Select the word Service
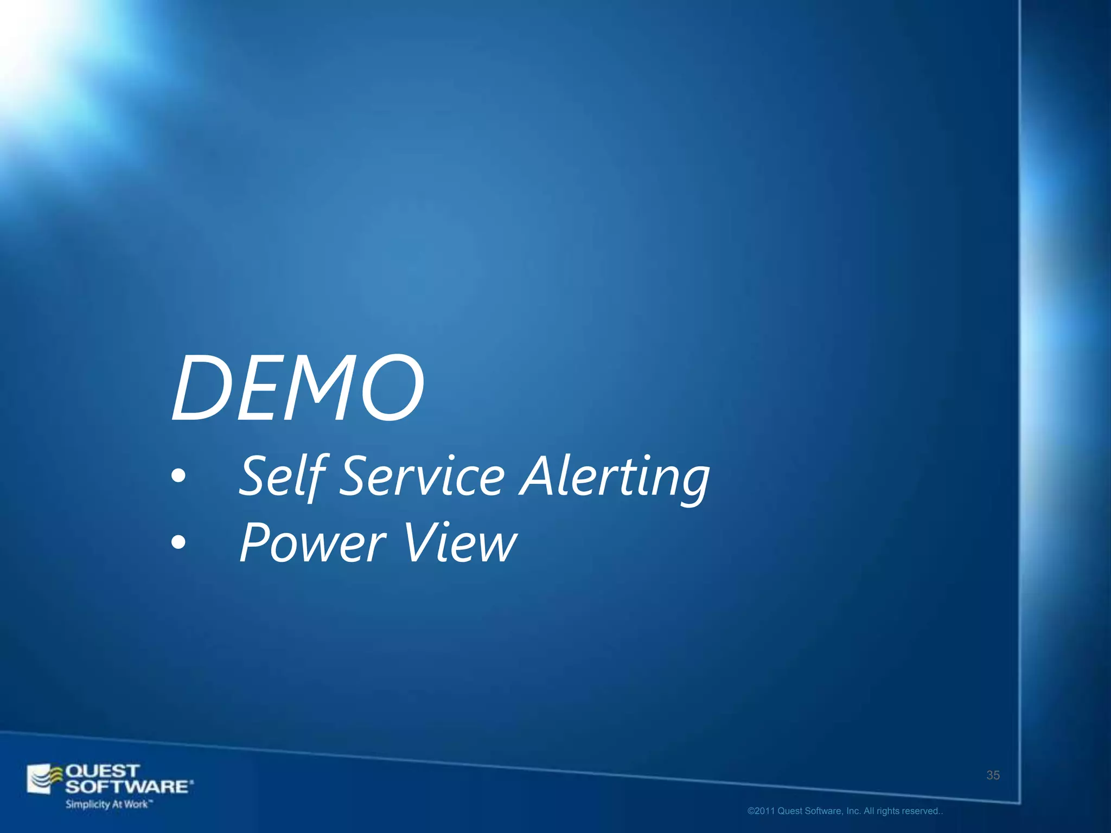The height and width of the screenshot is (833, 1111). [423, 476]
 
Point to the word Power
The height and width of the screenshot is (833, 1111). [312, 542]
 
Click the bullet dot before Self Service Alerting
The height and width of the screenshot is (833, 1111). [178, 476]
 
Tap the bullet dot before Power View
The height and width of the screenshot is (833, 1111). [178, 542]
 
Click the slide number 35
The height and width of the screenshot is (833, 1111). [993, 775]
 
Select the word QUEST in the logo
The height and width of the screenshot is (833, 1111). [103, 771]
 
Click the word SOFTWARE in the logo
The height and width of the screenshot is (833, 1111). [128, 786]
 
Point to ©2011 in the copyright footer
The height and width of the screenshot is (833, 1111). [761, 811]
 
